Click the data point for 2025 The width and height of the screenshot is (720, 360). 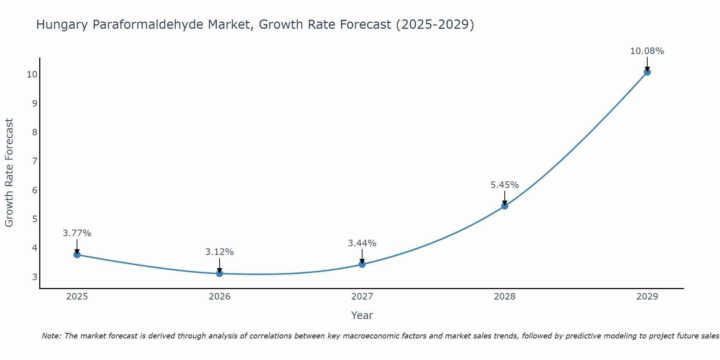(77, 255)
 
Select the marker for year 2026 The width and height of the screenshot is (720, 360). (220, 273)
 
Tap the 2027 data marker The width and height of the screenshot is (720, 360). (362, 264)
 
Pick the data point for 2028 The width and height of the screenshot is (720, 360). (505, 206)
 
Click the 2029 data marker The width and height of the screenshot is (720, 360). (647, 72)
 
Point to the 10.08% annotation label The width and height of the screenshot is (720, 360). (647, 51)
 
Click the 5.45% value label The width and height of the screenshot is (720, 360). (504, 185)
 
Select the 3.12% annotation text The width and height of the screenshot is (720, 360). (220, 252)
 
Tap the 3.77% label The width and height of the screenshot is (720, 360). (77, 233)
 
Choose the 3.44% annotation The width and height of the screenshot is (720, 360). (362, 243)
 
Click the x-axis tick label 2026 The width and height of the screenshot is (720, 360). (220, 297)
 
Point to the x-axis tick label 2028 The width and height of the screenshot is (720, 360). (505, 297)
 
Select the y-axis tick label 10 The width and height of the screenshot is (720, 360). (32, 75)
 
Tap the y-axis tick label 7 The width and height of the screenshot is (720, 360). (35, 161)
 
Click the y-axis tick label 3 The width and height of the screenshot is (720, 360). (35, 277)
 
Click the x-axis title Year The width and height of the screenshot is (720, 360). (362, 315)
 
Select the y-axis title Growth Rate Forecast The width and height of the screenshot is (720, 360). (9, 173)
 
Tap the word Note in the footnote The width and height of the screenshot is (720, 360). (52, 336)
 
